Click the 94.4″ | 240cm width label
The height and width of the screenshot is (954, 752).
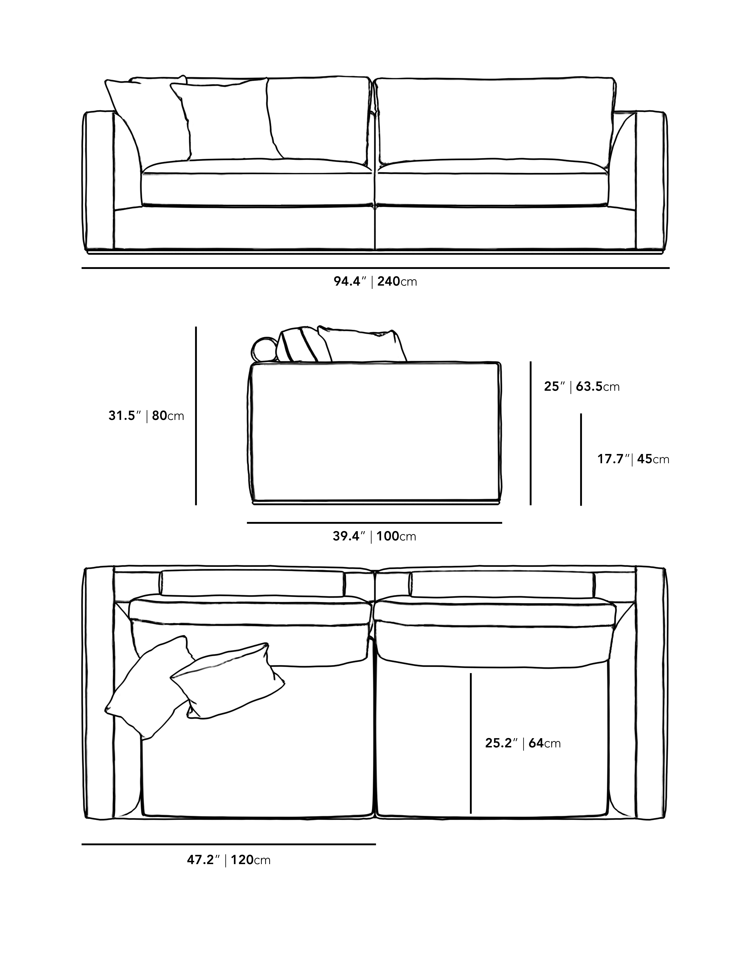(x=375, y=282)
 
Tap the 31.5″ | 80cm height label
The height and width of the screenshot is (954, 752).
(x=146, y=416)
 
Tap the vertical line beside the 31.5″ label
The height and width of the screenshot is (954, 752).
(x=196, y=416)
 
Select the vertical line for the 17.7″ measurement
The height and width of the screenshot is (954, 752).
(x=581, y=459)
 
